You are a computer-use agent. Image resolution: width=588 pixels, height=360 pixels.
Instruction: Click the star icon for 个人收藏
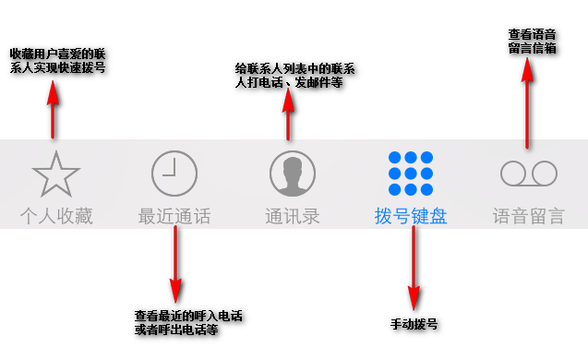coord(55,173)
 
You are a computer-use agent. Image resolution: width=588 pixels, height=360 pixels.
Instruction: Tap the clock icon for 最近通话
coord(174,173)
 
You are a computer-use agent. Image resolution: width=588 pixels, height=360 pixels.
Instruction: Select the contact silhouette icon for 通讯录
coord(293,173)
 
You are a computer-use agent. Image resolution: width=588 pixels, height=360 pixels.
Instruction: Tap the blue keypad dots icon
coord(411,173)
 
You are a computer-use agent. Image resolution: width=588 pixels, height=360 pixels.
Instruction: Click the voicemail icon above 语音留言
coord(529,173)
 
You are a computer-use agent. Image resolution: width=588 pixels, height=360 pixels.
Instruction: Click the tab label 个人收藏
coord(56,217)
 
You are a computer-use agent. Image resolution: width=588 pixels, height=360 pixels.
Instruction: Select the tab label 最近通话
coord(174,217)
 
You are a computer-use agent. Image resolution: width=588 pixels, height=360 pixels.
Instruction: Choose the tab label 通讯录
coord(293,217)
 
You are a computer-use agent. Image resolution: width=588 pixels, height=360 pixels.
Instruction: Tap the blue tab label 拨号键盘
coord(411,217)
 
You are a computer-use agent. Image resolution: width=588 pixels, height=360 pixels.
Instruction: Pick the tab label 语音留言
coord(529,217)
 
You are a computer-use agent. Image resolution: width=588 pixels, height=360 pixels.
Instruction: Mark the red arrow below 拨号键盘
coord(414,270)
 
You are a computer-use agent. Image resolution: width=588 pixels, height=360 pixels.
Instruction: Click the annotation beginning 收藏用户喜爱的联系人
coord(57,60)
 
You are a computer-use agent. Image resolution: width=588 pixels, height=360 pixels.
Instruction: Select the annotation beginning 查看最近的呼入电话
coord(188,321)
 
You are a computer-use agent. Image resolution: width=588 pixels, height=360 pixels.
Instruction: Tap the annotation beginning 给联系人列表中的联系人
coord(296,75)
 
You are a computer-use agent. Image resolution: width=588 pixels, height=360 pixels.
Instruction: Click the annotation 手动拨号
coord(414,324)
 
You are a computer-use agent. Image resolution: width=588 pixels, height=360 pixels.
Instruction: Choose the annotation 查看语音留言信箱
coord(532,41)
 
